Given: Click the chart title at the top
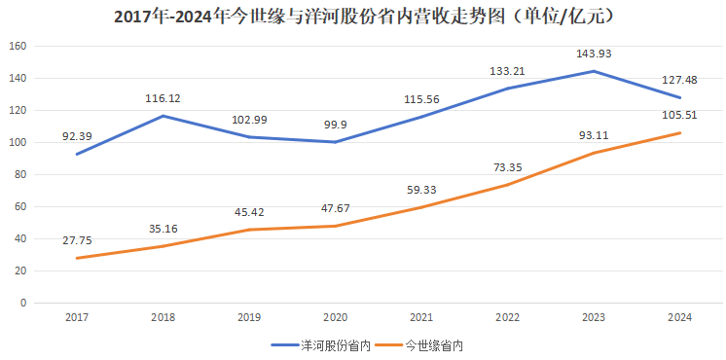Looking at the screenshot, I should tap(363, 17).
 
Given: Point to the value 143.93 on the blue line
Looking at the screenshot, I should tap(595, 54).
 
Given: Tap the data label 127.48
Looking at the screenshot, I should tap(680, 80).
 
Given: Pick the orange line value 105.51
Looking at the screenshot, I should tap(680, 115).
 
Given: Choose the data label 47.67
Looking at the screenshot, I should tap(335, 208).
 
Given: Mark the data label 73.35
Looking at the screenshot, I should tap(508, 166).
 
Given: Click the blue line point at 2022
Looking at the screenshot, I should tap(508, 89).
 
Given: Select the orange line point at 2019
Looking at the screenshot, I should tap(248, 230).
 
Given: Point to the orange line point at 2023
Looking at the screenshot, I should tap(595, 153).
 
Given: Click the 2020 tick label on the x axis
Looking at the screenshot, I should tap(335, 318).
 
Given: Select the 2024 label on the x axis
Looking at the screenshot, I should tap(680, 318).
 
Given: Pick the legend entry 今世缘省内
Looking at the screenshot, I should tap(429, 344).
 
